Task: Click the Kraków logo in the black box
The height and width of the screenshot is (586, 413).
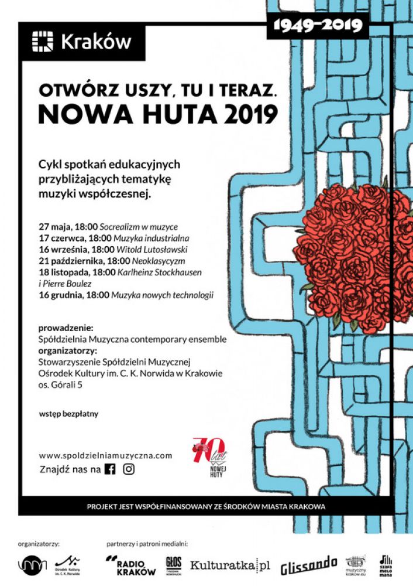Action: [x=81, y=42]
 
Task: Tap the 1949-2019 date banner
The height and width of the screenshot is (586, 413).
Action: [x=317, y=25]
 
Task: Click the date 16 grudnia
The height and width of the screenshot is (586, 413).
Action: [x=61, y=295]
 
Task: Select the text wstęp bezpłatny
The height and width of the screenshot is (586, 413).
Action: [x=68, y=414]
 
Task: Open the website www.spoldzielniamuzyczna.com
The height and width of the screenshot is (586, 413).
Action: [x=106, y=455]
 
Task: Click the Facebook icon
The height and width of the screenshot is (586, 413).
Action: [x=109, y=469]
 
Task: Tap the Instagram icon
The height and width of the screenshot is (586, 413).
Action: [x=129, y=469]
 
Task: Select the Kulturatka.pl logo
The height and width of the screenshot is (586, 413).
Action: [x=230, y=565]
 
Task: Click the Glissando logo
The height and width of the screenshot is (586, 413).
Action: [x=308, y=565]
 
